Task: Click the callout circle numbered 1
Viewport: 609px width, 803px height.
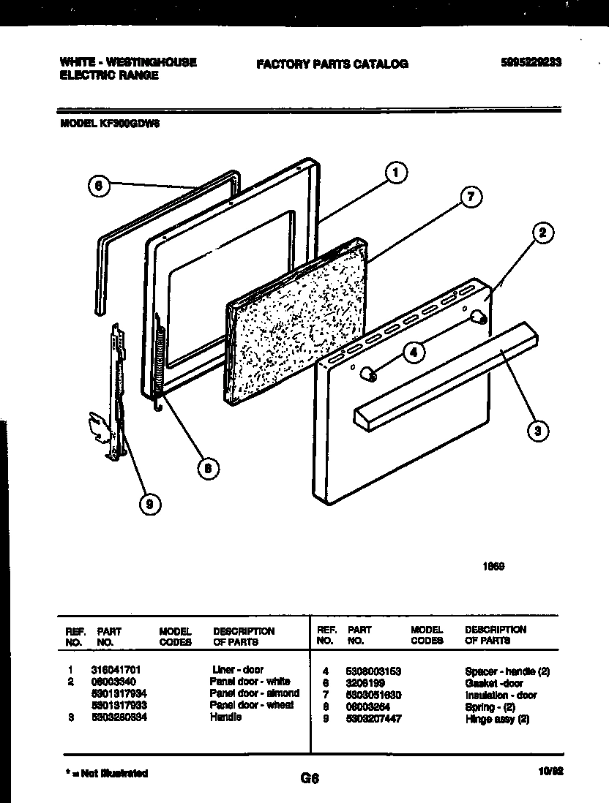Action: pyautogui.click(x=395, y=173)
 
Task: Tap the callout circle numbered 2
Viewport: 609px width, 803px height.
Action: pyautogui.click(x=541, y=234)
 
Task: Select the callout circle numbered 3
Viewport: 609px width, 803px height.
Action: pyautogui.click(x=538, y=431)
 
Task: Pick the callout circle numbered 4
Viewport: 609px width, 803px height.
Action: pyautogui.click(x=414, y=353)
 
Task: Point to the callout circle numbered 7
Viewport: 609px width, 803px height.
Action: pyautogui.click(x=472, y=196)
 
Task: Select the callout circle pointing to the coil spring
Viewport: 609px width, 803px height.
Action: pyautogui.click(x=208, y=469)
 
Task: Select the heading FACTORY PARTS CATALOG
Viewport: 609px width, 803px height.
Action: pyautogui.click(x=332, y=64)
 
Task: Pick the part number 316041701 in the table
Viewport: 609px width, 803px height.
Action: pyautogui.click(x=122, y=669)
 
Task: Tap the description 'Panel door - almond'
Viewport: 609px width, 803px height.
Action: pyautogui.click(x=254, y=693)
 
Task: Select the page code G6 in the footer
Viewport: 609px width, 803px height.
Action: pyautogui.click(x=310, y=779)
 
